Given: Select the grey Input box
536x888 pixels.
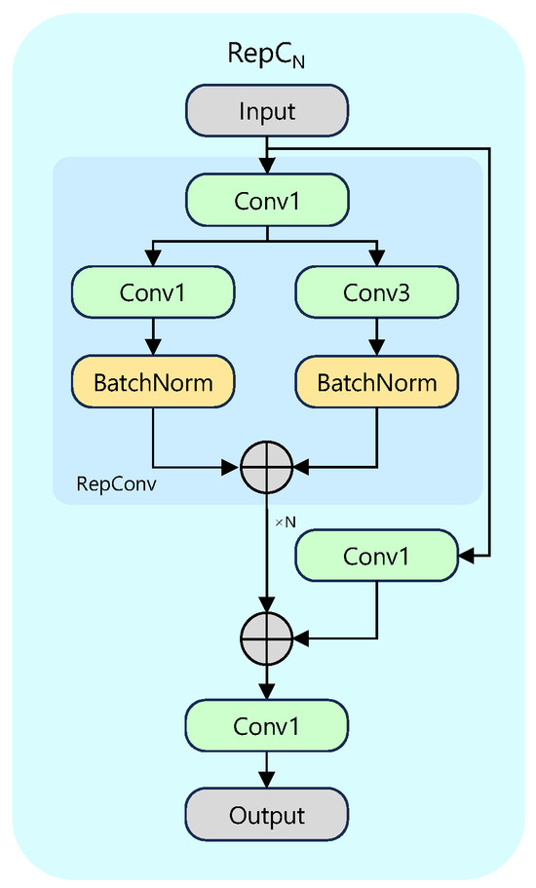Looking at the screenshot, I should (267, 111).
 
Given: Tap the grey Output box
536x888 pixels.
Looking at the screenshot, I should (267, 815).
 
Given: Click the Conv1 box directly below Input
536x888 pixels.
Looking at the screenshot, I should (267, 200).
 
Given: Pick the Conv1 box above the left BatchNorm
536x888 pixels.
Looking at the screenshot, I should (153, 291).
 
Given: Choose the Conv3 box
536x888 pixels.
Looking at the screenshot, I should (376, 291).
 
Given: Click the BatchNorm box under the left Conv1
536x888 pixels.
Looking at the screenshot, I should (153, 381).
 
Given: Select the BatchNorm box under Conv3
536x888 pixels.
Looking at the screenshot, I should (376, 381).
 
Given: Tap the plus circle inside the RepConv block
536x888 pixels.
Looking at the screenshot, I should (267, 469).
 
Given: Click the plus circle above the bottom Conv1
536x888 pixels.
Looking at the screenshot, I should (267, 638).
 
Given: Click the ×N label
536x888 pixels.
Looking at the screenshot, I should (285, 522).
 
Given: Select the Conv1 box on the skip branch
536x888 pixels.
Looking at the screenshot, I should (376, 556).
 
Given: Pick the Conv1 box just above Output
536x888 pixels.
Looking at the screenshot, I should (267, 726).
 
